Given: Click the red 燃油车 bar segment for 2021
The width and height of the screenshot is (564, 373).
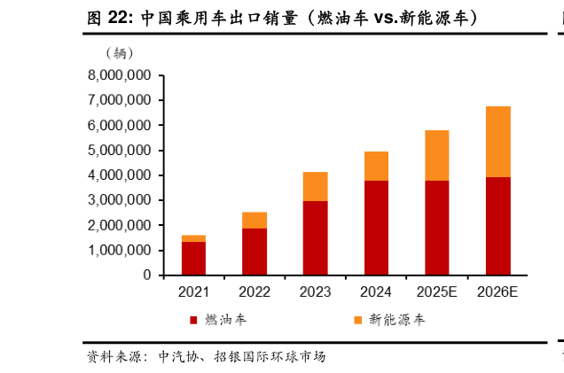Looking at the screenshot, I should click(193, 258).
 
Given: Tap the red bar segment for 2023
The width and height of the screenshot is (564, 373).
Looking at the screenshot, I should click(315, 237).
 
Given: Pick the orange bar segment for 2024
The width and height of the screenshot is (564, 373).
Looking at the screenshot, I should click(376, 166).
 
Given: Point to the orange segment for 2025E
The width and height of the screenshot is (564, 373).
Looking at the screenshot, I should click(436, 155).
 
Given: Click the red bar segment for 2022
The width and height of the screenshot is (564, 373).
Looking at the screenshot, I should click(255, 252).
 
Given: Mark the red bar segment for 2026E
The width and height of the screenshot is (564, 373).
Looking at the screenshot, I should click(497, 226).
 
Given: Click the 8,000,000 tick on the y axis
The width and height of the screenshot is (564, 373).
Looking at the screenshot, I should click(118, 76).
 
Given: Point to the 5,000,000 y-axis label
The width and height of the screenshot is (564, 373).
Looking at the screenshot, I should click(118, 151).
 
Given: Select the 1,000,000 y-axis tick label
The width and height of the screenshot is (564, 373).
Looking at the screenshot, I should click(118, 251).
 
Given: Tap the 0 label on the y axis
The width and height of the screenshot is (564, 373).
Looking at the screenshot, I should click(146, 276).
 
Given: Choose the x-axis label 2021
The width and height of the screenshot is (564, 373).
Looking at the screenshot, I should click(193, 291).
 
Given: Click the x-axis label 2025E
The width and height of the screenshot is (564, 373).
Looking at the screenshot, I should click(436, 291).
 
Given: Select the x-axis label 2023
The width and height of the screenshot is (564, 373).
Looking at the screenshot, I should click(315, 291).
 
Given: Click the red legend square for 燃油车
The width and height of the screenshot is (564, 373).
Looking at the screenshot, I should click(192, 320).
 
